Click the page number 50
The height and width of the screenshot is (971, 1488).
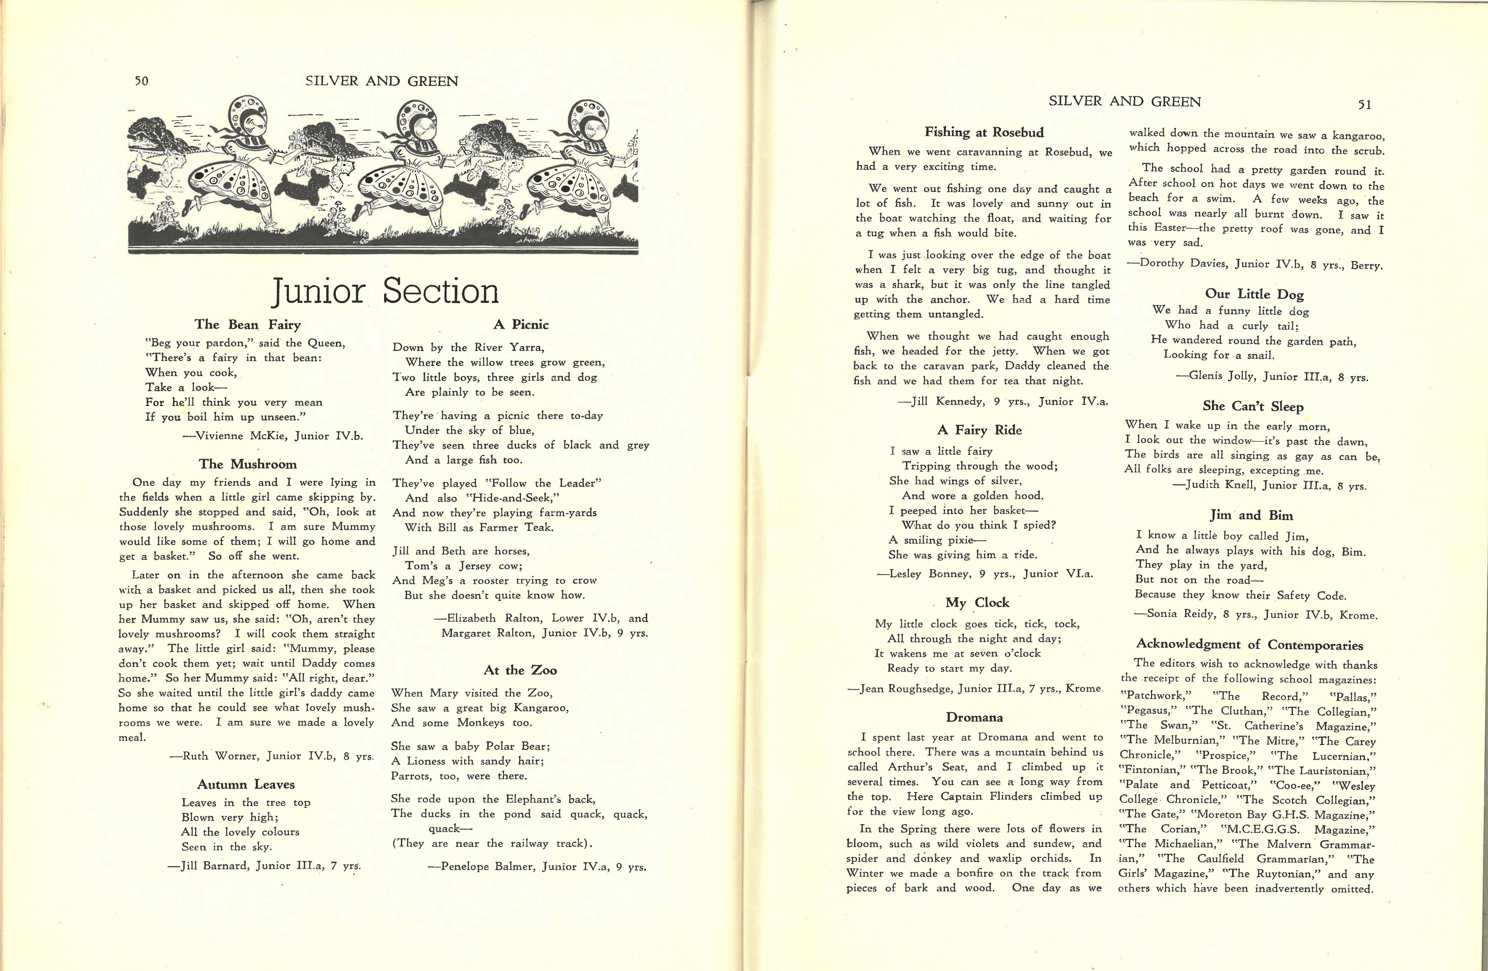[x=141, y=81]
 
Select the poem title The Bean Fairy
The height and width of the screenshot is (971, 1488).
[x=248, y=324]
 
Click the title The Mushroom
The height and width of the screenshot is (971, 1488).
[x=248, y=464]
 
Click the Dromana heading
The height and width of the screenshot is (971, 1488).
[x=974, y=717]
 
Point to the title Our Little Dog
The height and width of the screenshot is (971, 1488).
[x=1254, y=294]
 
